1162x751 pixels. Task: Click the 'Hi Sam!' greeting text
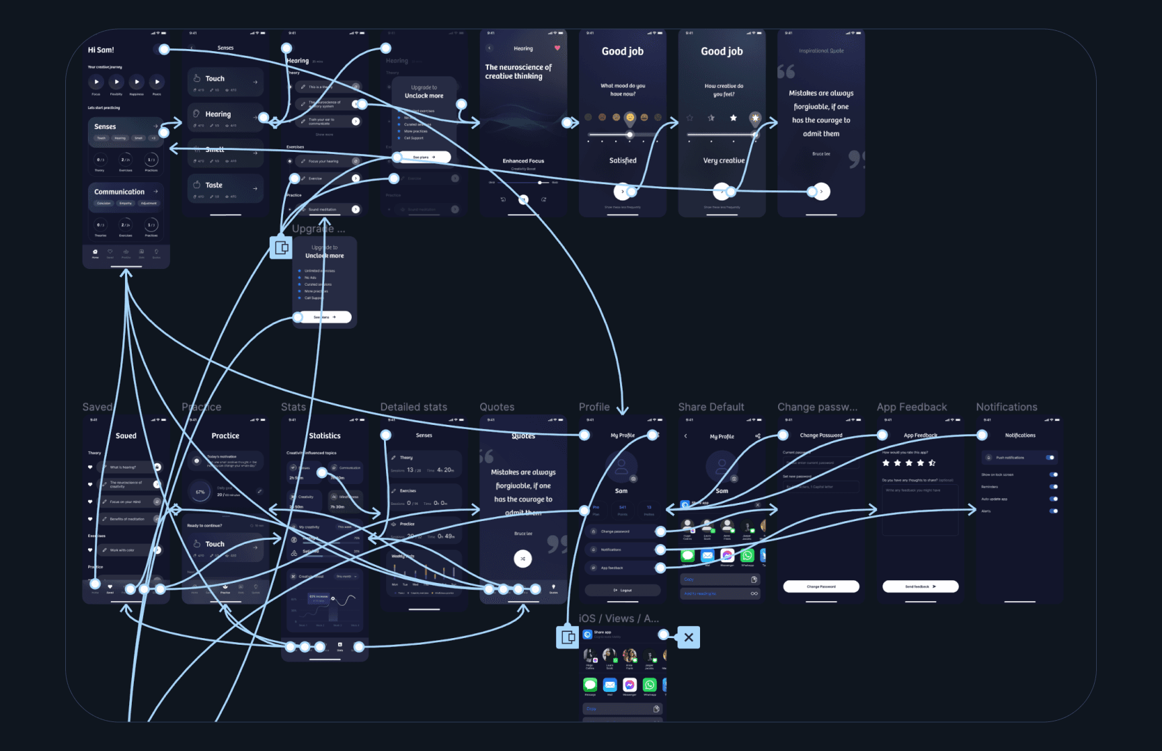(x=101, y=50)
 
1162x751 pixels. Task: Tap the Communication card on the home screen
(x=120, y=192)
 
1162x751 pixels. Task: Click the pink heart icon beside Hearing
(x=557, y=48)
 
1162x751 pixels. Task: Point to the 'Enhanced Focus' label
(x=523, y=161)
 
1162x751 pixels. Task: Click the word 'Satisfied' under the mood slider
(x=623, y=161)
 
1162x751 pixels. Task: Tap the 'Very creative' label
(x=724, y=161)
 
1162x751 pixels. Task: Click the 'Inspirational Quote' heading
(x=821, y=51)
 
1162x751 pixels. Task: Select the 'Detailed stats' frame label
(x=414, y=407)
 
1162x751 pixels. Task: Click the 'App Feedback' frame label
(x=911, y=407)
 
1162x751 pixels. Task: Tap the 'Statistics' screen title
(x=325, y=436)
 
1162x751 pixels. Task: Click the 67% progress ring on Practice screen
(x=200, y=492)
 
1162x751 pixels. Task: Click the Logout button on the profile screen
(x=622, y=590)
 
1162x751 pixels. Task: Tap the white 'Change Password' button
(x=821, y=586)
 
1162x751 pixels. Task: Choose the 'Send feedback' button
(x=920, y=586)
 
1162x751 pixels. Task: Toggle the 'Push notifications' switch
(x=1050, y=458)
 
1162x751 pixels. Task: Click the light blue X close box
(x=689, y=637)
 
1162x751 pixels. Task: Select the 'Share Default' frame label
(x=711, y=407)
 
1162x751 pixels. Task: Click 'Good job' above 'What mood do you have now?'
(x=622, y=52)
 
